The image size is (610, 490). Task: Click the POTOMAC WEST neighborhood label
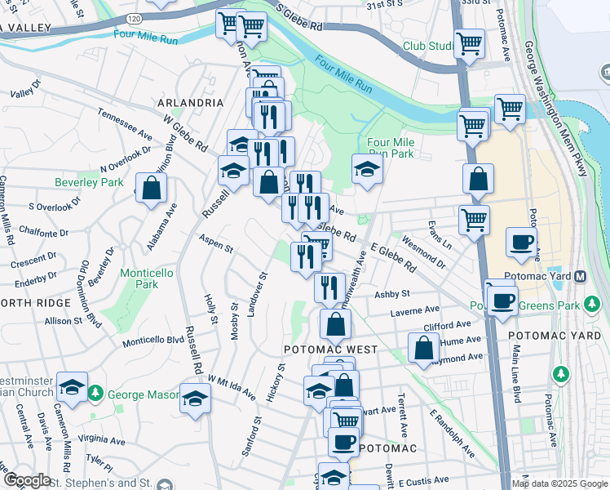click(x=329, y=349)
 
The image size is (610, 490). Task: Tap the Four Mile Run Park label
click(x=391, y=147)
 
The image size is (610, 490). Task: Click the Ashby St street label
click(x=391, y=294)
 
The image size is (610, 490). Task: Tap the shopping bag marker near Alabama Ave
click(x=151, y=189)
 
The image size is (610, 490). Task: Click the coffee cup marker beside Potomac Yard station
click(x=520, y=242)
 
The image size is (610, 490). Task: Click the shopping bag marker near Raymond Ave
click(x=423, y=347)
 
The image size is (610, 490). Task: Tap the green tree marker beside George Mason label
click(x=95, y=394)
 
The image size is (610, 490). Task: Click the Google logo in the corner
click(x=27, y=480)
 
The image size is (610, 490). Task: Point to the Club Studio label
click(x=427, y=46)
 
